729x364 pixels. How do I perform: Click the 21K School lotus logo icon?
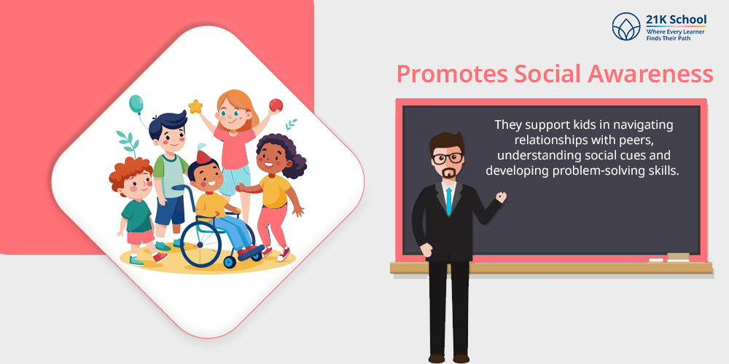pyautogui.click(x=626, y=26)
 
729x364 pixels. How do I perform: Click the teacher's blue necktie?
pyautogui.click(x=448, y=202)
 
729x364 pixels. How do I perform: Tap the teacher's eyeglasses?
pyautogui.click(x=448, y=158)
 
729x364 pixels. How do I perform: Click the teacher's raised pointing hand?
pyautogui.click(x=501, y=197)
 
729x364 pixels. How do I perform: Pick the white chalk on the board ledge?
pyautogui.click(x=656, y=260)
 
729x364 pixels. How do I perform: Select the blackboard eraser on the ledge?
pyautogui.click(x=678, y=257)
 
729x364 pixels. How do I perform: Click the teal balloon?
pyautogui.click(x=136, y=104)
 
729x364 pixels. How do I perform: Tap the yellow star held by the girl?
pyautogui.click(x=195, y=107)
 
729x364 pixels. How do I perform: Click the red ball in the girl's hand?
pyautogui.click(x=276, y=106)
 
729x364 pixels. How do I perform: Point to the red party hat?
pyautogui.click(x=203, y=157)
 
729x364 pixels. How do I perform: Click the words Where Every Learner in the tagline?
pyautogui.click(x=675, y=31)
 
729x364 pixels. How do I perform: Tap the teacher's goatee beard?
pyautogui.click(x=448, y=174)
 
